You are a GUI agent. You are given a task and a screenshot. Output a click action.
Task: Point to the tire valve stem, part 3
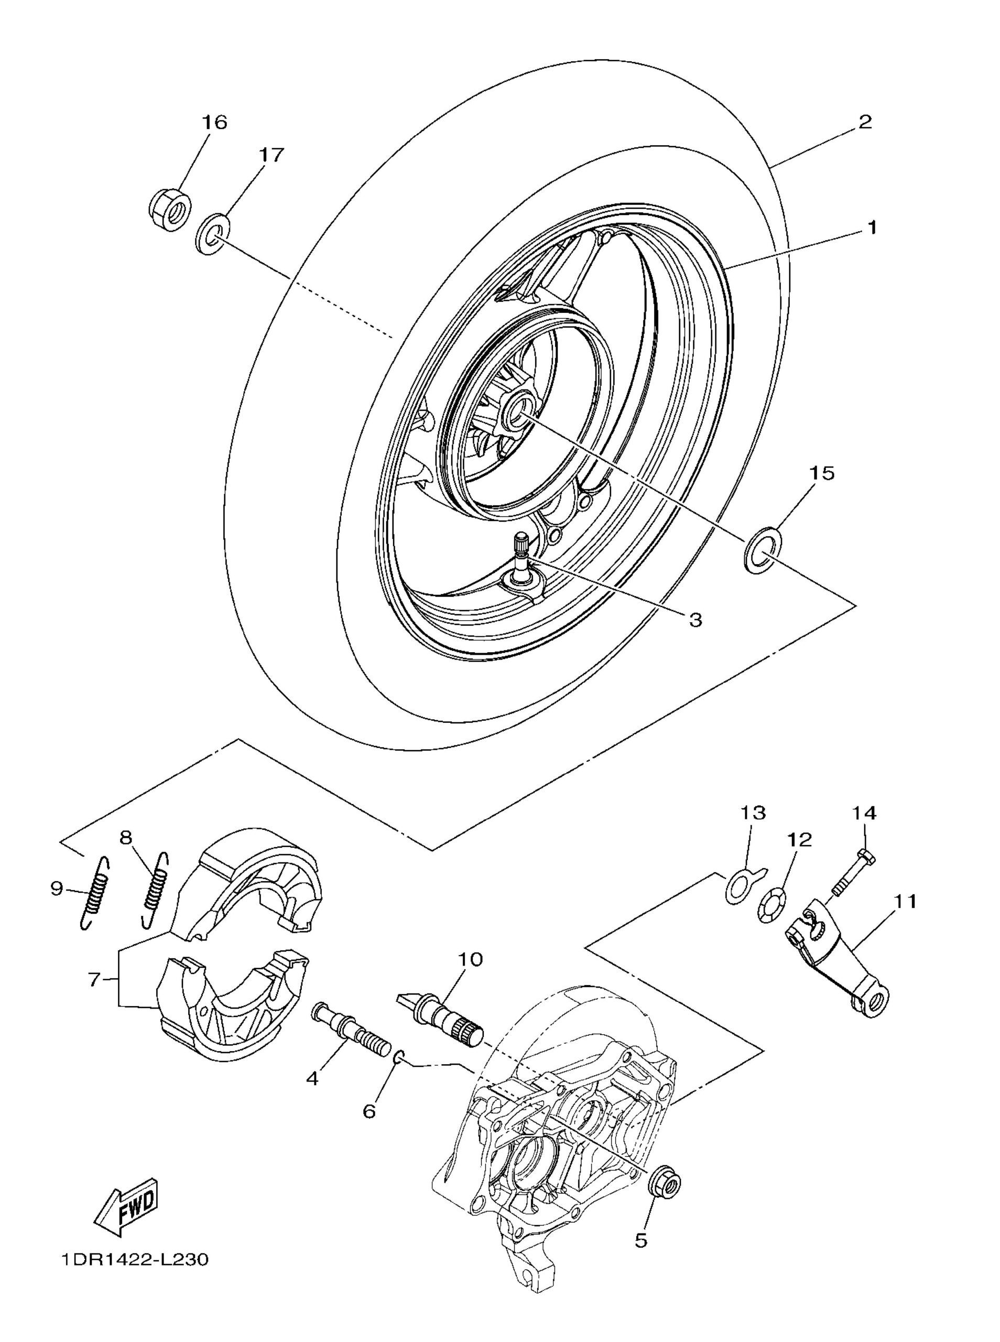tap(522, 559)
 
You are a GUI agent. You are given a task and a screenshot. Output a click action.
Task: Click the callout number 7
tap(94, 980)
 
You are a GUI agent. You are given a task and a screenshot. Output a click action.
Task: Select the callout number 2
tap(865, 122)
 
